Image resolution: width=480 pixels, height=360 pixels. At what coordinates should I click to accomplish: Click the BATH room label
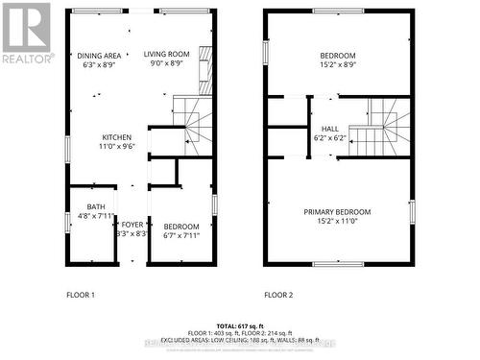pyautogui.click(x=95, y=205)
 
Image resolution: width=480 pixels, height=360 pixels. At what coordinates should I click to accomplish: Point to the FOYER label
pyautogui.click(x=132, y=223)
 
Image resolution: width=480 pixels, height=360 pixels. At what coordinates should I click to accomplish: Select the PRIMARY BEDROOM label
pyautogui.click(x=337, y=211)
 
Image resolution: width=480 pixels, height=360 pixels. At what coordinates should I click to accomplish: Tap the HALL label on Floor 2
pyautogui.click(x=329, y=128)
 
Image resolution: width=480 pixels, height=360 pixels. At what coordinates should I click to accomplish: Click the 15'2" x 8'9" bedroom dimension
pyautogui.click(x=337, y=65)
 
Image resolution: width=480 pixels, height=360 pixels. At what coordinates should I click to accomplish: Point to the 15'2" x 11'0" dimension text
pyautogui.click(x=337, y=221)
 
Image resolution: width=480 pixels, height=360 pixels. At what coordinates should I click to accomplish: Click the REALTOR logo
pyautogui.click(x=26, y=33)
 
